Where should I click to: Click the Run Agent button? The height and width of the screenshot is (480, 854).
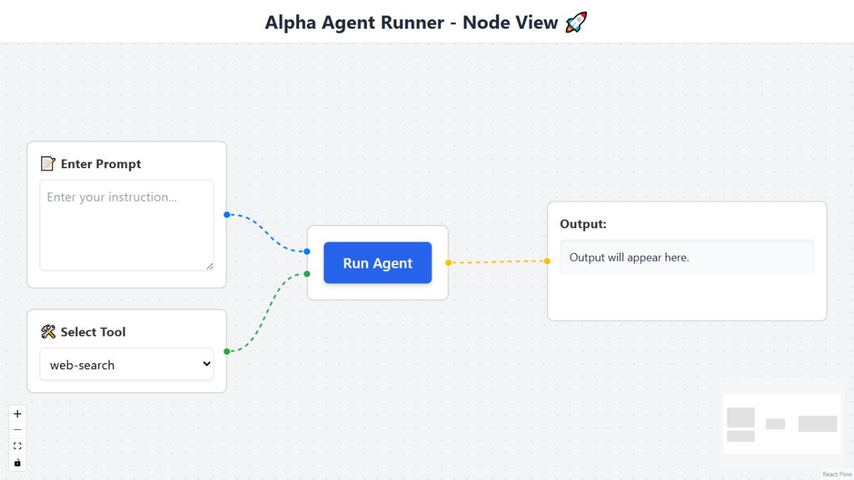(x=378, y=263)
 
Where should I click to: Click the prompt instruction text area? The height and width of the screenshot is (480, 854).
(x=127, y=225)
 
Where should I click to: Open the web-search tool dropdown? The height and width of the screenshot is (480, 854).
(x=127, y=365)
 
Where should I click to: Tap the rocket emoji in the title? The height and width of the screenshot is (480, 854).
(x=576, y=23)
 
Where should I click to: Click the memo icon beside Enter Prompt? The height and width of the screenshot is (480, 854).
(x=48, y=164)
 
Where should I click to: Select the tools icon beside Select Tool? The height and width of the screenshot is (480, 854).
(x=48, y=332)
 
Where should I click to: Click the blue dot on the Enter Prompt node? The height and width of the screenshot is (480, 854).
(x=227, y=214)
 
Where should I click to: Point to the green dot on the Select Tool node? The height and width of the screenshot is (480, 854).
(x=227, y=351)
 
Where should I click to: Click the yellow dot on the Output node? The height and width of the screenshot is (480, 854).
(x=547, y=261)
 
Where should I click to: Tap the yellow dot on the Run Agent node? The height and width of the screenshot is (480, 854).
(x=448, y=262)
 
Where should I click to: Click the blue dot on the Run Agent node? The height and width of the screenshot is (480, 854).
(x=307, y=252)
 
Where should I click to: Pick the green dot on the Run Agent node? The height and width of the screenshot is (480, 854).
(x=307, y=274)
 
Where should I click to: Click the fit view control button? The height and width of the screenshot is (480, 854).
(x=17, y=446)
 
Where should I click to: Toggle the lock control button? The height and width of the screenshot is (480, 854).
(x=17, y=463)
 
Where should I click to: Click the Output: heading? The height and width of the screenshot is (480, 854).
(x=583, y=224)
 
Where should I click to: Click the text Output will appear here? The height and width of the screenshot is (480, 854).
(x=629, y=258)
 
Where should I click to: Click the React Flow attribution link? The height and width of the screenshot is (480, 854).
(x=837, y=475)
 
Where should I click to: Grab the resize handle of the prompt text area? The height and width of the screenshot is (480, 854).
(x=209, y=266)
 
